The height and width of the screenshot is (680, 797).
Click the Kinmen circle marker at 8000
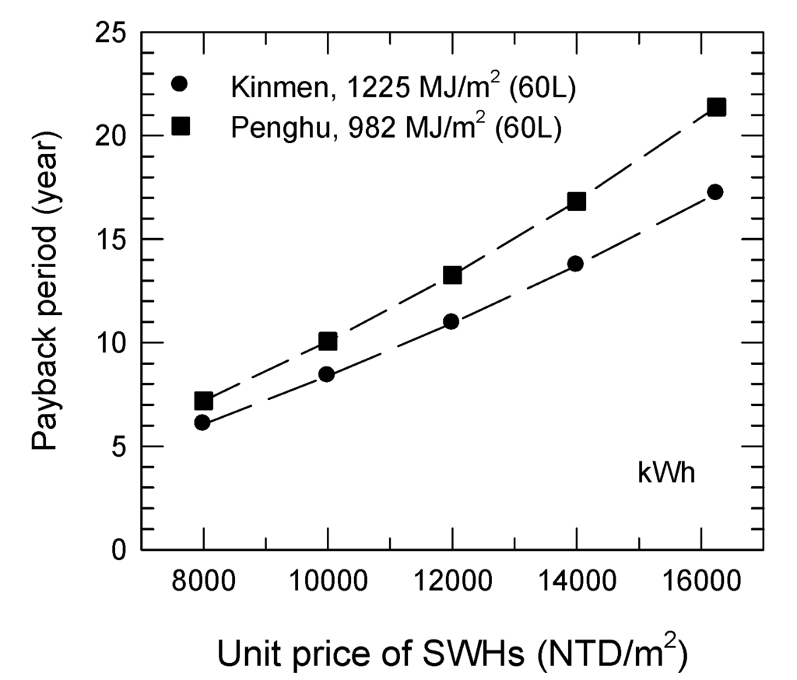pos(202,422)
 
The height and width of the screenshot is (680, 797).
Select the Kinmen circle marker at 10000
pos(327,374)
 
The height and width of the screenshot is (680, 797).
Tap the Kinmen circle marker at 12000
pos(451,321)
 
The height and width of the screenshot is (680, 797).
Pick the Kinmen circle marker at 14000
pos(575,263)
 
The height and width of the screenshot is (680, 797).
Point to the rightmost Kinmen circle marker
pos(715,191)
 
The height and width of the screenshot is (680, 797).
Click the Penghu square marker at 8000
pos(203,401)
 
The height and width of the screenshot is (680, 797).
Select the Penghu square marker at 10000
pos(328,341)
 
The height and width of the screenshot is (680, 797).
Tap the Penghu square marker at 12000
pos(452,275)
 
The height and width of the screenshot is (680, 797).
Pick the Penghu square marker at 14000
pos(576,202)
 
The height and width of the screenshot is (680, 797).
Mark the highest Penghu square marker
pos(716,107)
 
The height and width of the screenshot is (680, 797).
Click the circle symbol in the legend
pos(180,83)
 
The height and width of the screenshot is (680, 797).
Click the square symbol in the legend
pos(181,126)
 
